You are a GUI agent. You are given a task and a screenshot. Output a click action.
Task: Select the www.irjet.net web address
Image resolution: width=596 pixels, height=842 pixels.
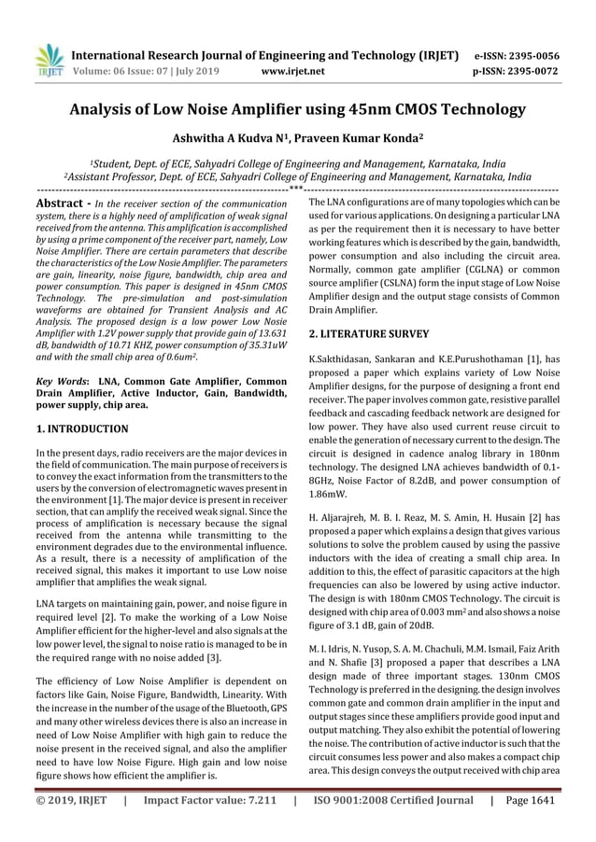293,69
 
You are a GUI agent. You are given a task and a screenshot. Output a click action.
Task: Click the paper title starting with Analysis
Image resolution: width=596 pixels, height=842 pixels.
298,110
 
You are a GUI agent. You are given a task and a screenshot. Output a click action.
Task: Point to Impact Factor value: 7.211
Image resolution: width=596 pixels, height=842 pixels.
209,825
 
